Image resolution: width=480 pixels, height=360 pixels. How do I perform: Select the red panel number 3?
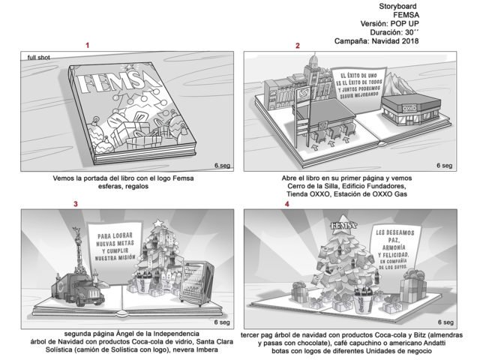pyautogui.click(x=75, y=204)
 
